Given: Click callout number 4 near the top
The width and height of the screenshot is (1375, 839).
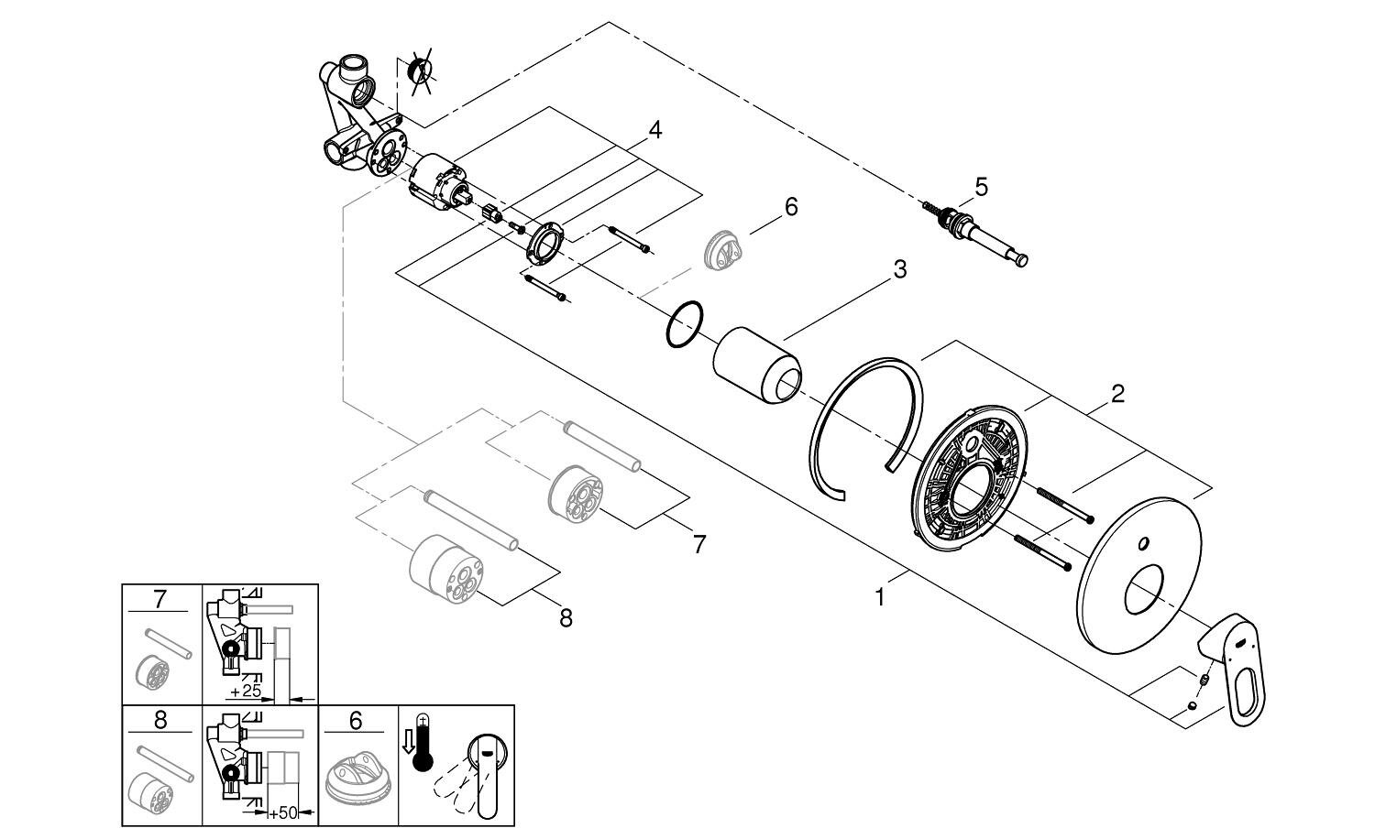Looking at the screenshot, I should pyautogui.click(x=654, y=131).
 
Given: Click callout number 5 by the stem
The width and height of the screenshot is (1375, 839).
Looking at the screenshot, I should pyautogui.click(x=981, y=187).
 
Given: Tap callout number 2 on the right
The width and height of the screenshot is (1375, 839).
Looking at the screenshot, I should pyautogui.click(x=1117, y=394).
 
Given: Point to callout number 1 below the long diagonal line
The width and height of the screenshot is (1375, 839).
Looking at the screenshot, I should pyautogui.click(x=880, y=597).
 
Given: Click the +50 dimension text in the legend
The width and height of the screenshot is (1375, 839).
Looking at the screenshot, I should pyautogui.click(x=285, y=812).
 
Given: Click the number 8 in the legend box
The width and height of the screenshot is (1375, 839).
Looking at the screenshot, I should pyautogui.click(x=160, y=721).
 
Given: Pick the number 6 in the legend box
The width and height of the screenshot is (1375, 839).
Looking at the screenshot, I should pyautogui.click(x=355, y=721).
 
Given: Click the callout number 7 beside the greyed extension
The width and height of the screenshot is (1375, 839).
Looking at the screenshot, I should pyautogui.click(x=699, y=544).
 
